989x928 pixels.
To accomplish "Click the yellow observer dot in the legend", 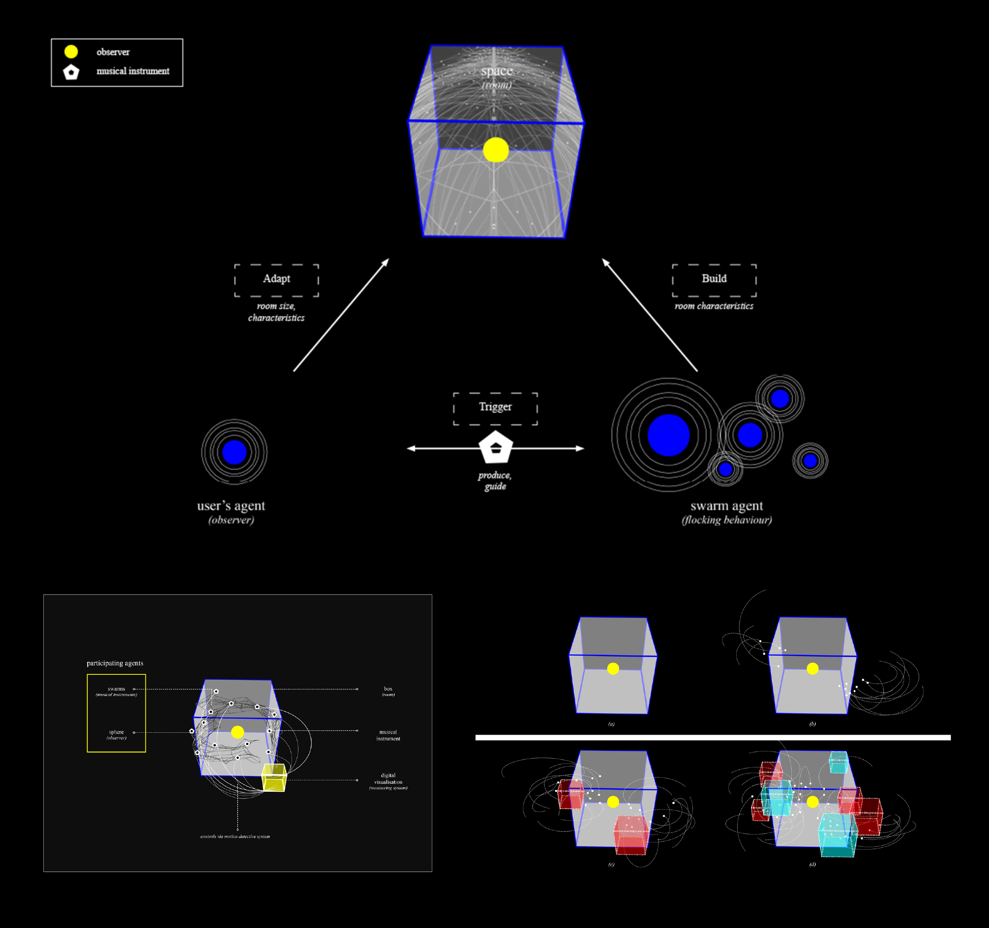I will (x=71, y=51).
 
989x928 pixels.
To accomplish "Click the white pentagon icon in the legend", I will (x=71, y=72).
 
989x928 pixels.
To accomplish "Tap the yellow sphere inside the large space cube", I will (x=495, y=150).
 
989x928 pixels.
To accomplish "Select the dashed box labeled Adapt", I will (x=276, y=280).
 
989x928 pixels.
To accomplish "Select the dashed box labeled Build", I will (x=714, y=280).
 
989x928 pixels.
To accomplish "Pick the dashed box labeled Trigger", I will (x=495, y=408).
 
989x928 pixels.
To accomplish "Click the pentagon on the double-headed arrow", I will (x=495, y=447).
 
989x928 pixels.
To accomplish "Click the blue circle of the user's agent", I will (x=234, y=452).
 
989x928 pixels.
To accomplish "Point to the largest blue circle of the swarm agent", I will (x=668, y=435).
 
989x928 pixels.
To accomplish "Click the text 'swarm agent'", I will (x=726, y=506).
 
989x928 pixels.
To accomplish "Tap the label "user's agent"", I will (x=231, y=506).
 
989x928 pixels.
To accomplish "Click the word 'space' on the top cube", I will (x=496, y=71).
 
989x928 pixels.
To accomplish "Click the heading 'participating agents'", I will (x=115, y=663).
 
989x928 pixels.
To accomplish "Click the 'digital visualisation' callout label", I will (x=388, y=778).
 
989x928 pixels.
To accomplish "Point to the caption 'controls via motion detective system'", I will (x=235, y=837).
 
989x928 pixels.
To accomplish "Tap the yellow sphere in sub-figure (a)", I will (x=613, y=669).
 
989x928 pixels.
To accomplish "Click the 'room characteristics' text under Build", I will (x=714, y=306).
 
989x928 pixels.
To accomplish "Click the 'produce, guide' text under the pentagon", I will (x=495, y=481).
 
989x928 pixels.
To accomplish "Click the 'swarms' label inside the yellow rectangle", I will (x=117, y=689).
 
